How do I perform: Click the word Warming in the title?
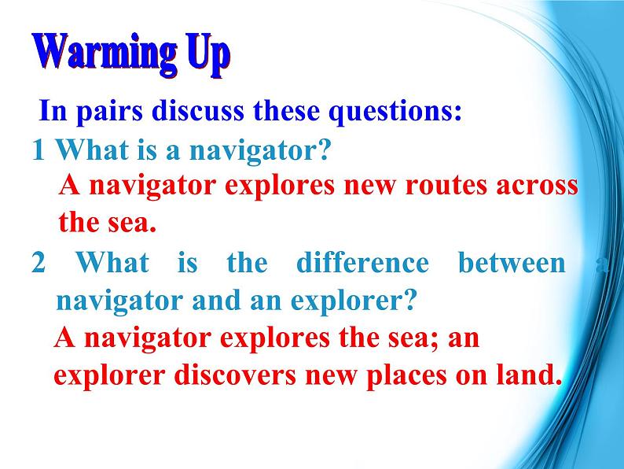pyautogui.click(x=105, y=53)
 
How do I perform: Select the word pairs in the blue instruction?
pyautogui.click(x=109, y=112)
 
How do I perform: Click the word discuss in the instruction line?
pyautogui.click(x=198, y=110)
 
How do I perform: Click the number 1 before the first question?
pyautogui.click(x=39, y=150)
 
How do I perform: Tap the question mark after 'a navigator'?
pyautogui.click(x=324, y=150)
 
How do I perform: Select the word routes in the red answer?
pyautogui.click(x=446, y=186)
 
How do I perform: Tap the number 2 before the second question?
pyautogui.click(x=39, y=263)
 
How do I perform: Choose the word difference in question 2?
pyautogui.click(x=362, y=262)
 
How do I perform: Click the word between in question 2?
pyautogui.click(x=512, y=262)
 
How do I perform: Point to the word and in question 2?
pyautogui.click(x=216, y=300)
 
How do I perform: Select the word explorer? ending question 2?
pyautogui.click(x=354, y=301)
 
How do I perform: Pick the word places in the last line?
pyautogui.click(x=406, y=377)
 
